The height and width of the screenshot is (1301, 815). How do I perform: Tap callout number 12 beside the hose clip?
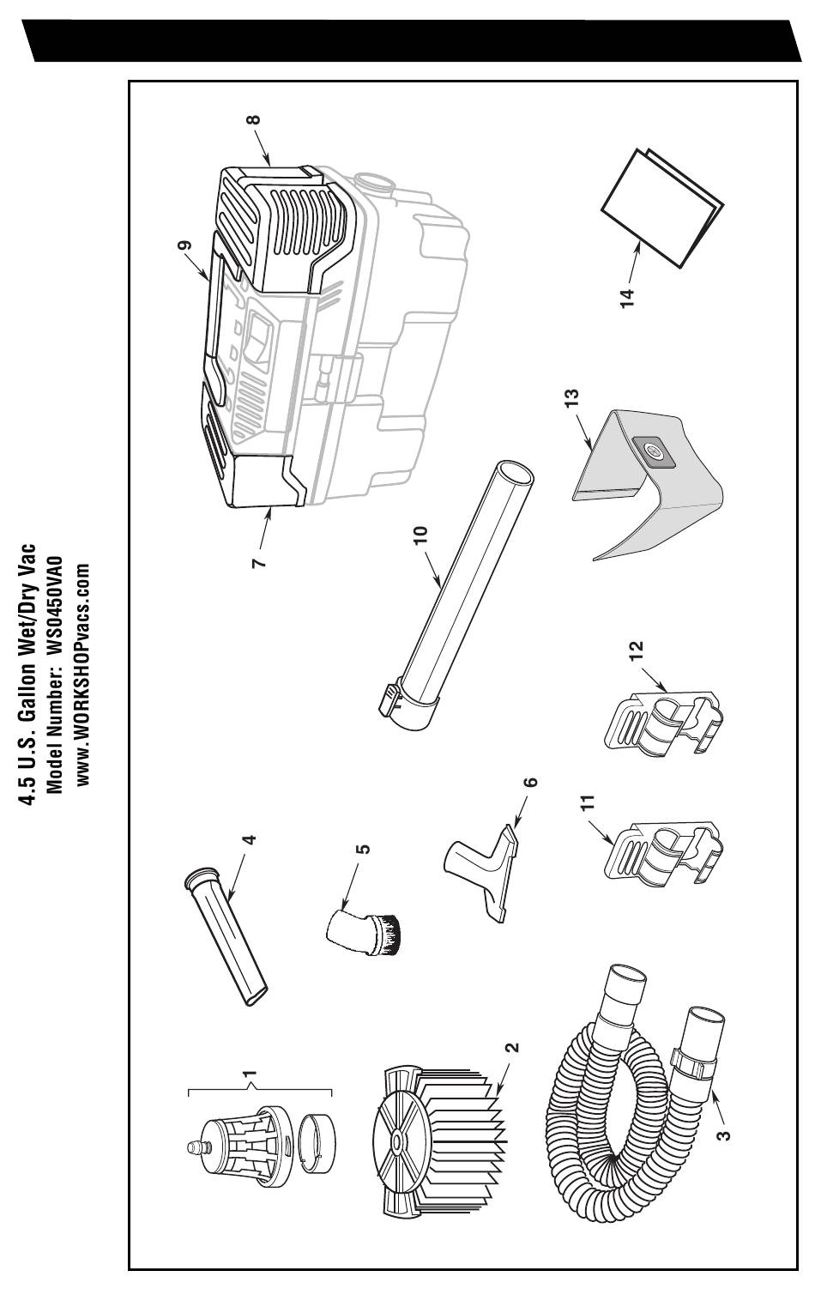(x=636, y=653)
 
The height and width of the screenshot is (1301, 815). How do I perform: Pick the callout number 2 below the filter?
(x=512, y=1048)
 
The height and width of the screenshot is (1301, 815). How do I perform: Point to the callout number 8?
(x=251, y=120)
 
